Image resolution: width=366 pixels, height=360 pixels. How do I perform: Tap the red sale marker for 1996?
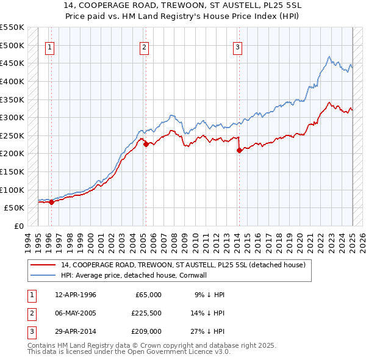(51, 203)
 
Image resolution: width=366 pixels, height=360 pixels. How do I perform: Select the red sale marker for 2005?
(146, 145)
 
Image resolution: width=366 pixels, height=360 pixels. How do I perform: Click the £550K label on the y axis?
(12, 27)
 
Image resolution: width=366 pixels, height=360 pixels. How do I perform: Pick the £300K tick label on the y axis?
(12, 117)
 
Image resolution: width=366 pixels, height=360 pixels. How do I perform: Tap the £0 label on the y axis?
(18, 226)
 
